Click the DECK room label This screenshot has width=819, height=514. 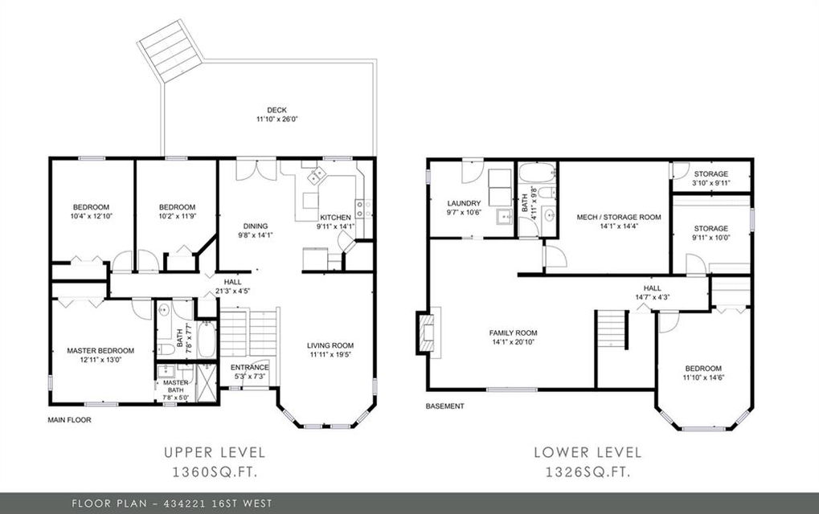tap(276, 110)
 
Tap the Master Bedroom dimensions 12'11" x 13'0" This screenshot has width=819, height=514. tap(100, 360)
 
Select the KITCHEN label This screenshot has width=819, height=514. tap(335, 218)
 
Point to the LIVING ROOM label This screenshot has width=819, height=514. tap(330, 345)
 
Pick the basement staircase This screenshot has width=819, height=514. tap(612, 329)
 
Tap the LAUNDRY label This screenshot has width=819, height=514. tap(464, 203)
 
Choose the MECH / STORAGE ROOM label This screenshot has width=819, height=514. tap(619, 217)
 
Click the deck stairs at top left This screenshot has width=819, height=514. tap(170, 51)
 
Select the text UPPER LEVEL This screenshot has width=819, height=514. tap(215, 452)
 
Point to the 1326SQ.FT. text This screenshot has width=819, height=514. tap(588, 472)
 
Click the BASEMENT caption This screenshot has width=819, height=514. tap(444, 406)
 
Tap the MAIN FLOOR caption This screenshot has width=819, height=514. tap(69, 419)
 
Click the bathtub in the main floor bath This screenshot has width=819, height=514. tap(207, 339)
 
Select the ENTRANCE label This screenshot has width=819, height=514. tap(250, 367)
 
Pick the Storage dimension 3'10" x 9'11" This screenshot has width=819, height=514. tap(710, 183)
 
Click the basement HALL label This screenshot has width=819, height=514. tap(653, 288)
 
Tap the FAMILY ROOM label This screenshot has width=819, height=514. tap(513, 333)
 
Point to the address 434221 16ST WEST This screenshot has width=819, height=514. tap(218, 504)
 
